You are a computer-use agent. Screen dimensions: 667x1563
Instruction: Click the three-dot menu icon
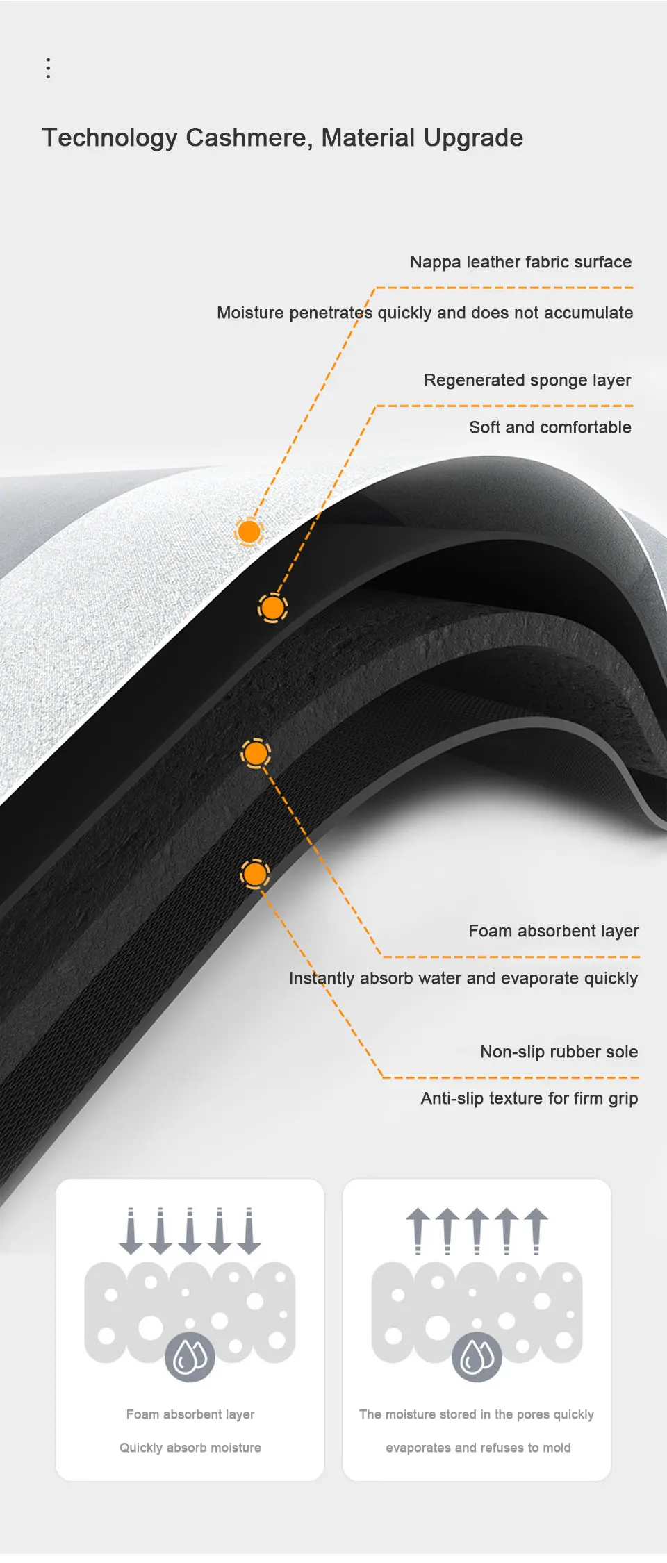pos(48,68)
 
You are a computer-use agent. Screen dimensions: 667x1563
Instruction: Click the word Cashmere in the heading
pos(249,138)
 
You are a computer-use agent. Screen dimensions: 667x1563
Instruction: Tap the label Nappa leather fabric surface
pos(520,262)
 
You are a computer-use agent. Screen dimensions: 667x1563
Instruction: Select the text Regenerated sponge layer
pos(527,380)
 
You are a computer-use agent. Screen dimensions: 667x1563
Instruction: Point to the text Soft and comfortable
pos(550,427)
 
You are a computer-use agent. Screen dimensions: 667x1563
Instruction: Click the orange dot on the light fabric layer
pos(249,531)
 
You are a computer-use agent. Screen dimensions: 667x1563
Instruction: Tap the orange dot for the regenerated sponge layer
pos(272,608)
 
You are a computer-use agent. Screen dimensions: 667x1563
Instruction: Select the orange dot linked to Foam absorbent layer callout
pos(256,753)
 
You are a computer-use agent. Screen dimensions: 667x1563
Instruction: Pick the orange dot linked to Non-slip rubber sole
pos(255,874)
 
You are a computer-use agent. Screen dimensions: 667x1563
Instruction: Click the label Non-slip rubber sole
pos(559,1052)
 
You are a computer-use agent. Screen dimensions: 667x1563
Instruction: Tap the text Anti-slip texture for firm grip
pos(529,1098)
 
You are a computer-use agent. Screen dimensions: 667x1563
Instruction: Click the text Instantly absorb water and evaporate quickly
pos(463,978)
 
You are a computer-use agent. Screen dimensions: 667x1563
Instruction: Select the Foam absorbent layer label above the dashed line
pos(553,931)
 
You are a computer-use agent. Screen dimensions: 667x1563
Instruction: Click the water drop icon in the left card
pos(190,1357)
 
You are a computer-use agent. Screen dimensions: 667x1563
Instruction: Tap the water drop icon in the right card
pos(477,1357)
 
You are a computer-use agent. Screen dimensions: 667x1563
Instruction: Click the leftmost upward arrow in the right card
pos(418,1230)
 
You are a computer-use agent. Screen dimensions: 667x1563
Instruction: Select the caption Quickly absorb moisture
pos(190,1448)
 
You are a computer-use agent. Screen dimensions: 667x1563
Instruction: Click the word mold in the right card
pos(557,1448)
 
